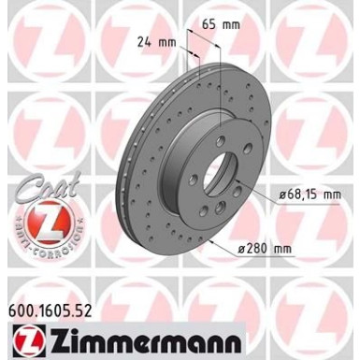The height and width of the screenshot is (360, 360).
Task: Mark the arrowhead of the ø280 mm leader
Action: click(x=211, y=239)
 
